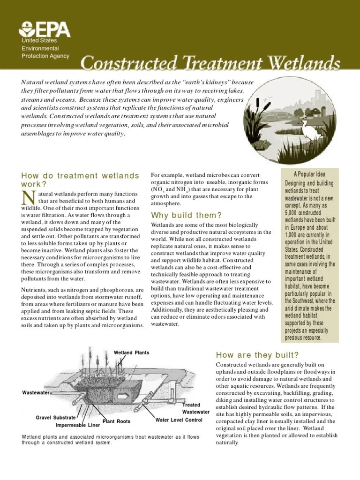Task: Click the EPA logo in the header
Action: (45, 30)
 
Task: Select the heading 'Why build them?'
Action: (186, 215)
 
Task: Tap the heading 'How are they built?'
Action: (257, 354)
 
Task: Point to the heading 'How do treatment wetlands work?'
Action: (80, 180)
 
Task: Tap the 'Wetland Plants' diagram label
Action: (131, 352)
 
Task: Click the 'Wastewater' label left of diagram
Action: (36, 392)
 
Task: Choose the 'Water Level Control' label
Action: (179, 420)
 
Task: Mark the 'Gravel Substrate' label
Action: (55, 417)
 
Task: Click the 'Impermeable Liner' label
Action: (78, 426)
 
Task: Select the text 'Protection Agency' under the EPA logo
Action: (45, 56)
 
